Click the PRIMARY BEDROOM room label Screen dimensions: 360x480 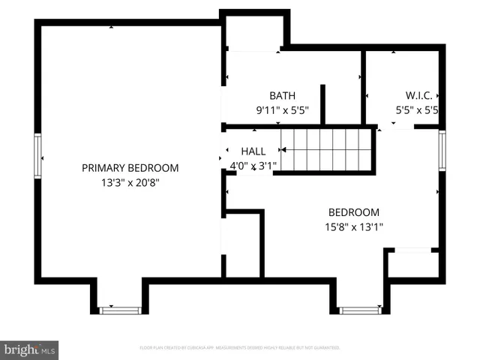(x=130, y=168)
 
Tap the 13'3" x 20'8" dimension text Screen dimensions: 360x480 (x=130, y=181)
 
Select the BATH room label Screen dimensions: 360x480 (x=282, y=96)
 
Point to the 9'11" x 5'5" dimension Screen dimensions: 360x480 (x=282, y=109)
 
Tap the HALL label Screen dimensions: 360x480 (x=253, y=151)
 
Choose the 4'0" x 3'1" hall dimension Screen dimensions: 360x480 (x=253, y=165)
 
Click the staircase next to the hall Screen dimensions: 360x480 (x=327, y=150)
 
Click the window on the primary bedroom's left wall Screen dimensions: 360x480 (x=37, y=156)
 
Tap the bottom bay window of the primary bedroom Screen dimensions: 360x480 (x=120, y=309)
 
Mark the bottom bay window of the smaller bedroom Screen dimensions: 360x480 (x=359, y=309)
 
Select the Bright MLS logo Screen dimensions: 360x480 (x=30, y=349)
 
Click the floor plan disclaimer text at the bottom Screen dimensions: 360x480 (x=240, y=348)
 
